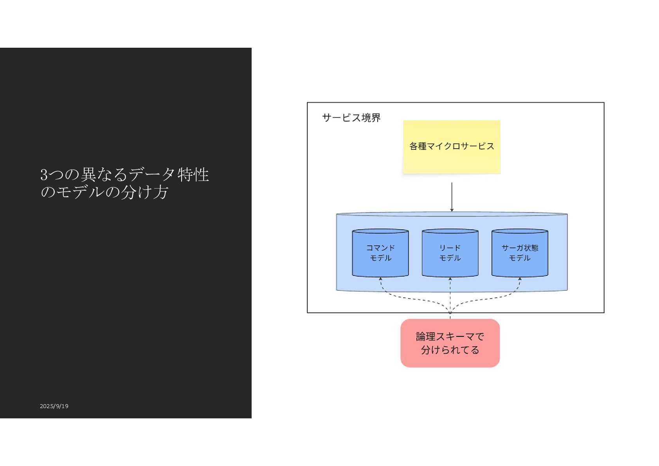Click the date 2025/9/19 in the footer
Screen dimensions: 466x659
(x=54, y=406)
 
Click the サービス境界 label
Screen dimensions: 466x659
(x=351, y=118)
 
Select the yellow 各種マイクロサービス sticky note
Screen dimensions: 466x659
(x=452, y=147)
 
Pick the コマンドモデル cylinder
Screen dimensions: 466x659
(x=380, y=253)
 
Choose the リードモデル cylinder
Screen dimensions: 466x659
(x=450, y=253)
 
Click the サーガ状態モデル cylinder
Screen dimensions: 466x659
(x=520, y=253)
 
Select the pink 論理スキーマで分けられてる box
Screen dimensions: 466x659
(x=450, y=343)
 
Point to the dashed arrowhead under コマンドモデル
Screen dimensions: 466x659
(x=380, y=279)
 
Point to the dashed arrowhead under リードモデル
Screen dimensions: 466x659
(x=450, y=279)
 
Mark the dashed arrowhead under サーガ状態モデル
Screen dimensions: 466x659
(x=520, y=279)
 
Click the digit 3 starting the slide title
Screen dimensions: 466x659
(x=44, y=175)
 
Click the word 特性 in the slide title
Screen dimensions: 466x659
(x=193, y=175)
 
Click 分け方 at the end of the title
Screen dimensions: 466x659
(x=144, y=192)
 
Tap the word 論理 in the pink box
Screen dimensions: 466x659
(x=425, y=336)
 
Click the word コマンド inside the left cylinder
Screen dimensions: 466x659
(x=380, y=248)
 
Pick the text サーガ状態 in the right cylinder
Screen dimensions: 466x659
(x=520, y=248)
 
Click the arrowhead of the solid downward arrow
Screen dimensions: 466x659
(x=452, y=210)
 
